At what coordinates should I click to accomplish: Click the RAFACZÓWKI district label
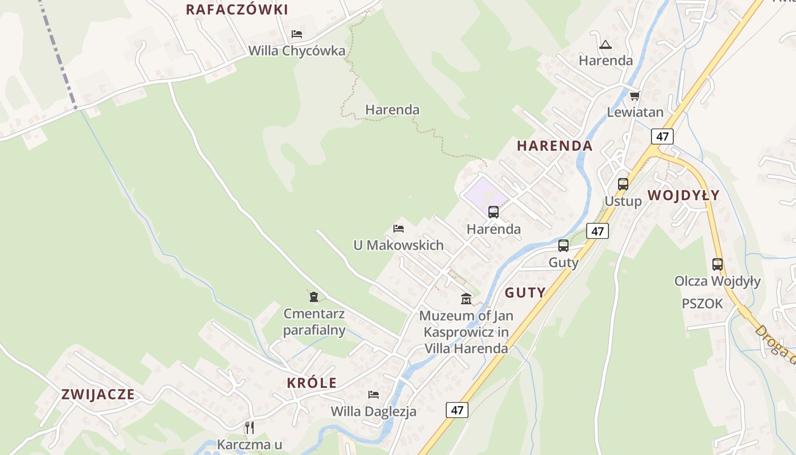(237, 10)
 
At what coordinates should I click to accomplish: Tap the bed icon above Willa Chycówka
(296, 34)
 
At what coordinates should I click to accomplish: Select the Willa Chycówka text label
(296, 51)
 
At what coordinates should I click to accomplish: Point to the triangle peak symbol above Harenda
(605, 44)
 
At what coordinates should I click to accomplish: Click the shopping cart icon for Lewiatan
(635, 96)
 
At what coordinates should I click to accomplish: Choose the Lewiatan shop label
(635, 112)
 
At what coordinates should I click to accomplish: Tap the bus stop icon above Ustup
(623, 184)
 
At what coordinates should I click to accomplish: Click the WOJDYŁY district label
(683, 196)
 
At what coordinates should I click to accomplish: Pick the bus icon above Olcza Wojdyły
(718, 264)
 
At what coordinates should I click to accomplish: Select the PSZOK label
(702, 304)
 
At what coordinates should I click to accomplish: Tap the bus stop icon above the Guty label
(563, 246)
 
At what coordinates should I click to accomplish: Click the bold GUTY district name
(525, 293)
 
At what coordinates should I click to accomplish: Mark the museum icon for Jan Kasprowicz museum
(466, 299)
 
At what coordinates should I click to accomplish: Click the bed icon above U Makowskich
(399, 229)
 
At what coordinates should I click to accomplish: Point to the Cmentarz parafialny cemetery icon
(313, 297)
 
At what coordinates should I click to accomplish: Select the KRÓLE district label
(312, 383)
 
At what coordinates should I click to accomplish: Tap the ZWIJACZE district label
(98, 394)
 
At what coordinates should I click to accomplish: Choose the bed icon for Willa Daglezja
(373, 394)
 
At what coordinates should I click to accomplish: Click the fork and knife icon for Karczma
(249, 427)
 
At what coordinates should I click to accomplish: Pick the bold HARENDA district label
(554, 146)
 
